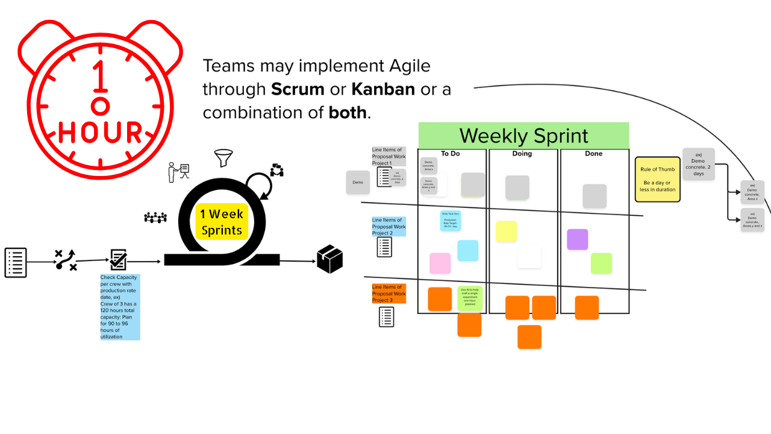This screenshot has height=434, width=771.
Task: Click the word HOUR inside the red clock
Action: pos(101,133)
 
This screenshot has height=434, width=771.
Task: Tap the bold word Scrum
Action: pos(298,89)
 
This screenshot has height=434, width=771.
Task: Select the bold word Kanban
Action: pos(383,89)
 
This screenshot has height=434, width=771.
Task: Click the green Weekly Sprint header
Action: pos(523,136)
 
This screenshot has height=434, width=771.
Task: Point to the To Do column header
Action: pos(450,154)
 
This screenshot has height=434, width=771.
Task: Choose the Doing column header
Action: pos(522,154)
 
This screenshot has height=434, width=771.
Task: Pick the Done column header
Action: pos(594,154)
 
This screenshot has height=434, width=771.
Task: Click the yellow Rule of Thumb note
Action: pos(657,179)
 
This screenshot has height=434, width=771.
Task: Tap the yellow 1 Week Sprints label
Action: pos(222,222)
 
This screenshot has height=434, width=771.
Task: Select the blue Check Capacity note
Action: pos(120,307)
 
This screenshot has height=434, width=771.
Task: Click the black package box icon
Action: pos(329,259)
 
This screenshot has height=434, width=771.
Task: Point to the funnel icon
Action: pos(223,159)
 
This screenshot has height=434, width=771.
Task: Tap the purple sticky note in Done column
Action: pos(577,239)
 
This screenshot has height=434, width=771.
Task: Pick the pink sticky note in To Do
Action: pos(440,263)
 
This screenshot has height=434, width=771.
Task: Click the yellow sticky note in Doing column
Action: pos(506,231)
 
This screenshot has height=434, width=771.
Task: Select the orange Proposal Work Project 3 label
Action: pos(389,294)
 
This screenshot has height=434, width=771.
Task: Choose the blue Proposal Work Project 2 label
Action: pos(389,227)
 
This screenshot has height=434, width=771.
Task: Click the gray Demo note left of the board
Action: pos(358,182)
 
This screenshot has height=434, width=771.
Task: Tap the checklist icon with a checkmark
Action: pos(118,260)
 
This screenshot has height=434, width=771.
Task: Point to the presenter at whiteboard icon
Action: pos(178,172)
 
